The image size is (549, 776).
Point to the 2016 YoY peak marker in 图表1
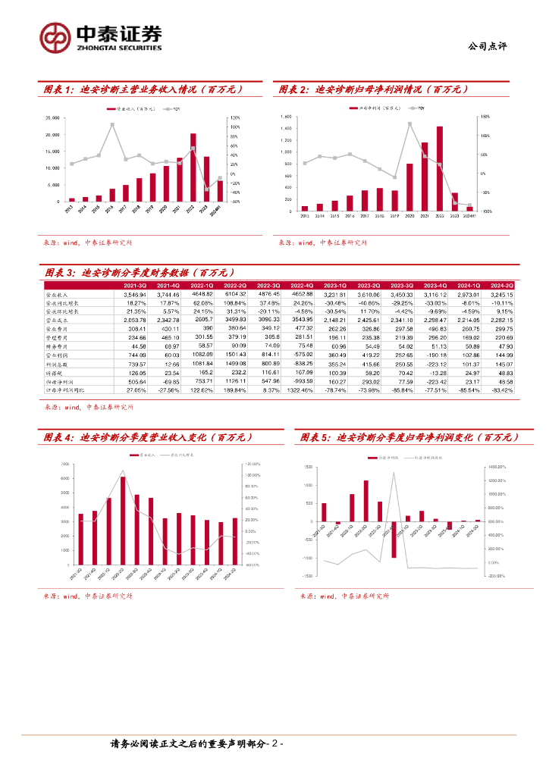pyautogui.click(x=112, y=124)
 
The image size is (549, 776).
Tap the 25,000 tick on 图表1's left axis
pyautogui.click(x=54, y=118)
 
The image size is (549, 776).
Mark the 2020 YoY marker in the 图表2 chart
pyautogui.click(x=409, y=124)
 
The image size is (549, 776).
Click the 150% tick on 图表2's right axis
pyautogui.click(x=485, y=117)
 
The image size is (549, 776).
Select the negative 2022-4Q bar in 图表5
pyautogui.click(x=394, y=540)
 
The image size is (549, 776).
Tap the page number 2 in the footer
pyautogui.click(x=275, y=744)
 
